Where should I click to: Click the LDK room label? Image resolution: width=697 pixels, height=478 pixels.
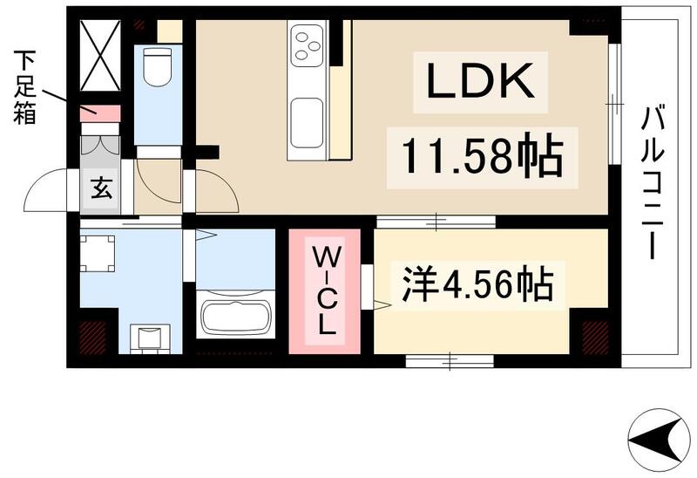(478, 82)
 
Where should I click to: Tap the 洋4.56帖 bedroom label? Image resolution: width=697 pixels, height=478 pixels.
(477, 285)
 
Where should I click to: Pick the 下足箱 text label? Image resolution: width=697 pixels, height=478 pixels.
(24, 86)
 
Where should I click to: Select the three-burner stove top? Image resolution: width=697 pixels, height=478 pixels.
(308, 45)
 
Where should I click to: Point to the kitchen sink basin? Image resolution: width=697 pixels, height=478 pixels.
(307, 121)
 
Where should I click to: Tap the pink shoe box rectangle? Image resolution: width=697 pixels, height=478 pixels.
(100, 113)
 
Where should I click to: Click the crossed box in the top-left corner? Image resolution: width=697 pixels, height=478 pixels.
(100, 54)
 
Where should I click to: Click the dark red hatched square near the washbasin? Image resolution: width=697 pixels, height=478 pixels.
(91, 335)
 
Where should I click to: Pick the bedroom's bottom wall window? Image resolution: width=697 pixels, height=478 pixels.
(450, 356)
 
